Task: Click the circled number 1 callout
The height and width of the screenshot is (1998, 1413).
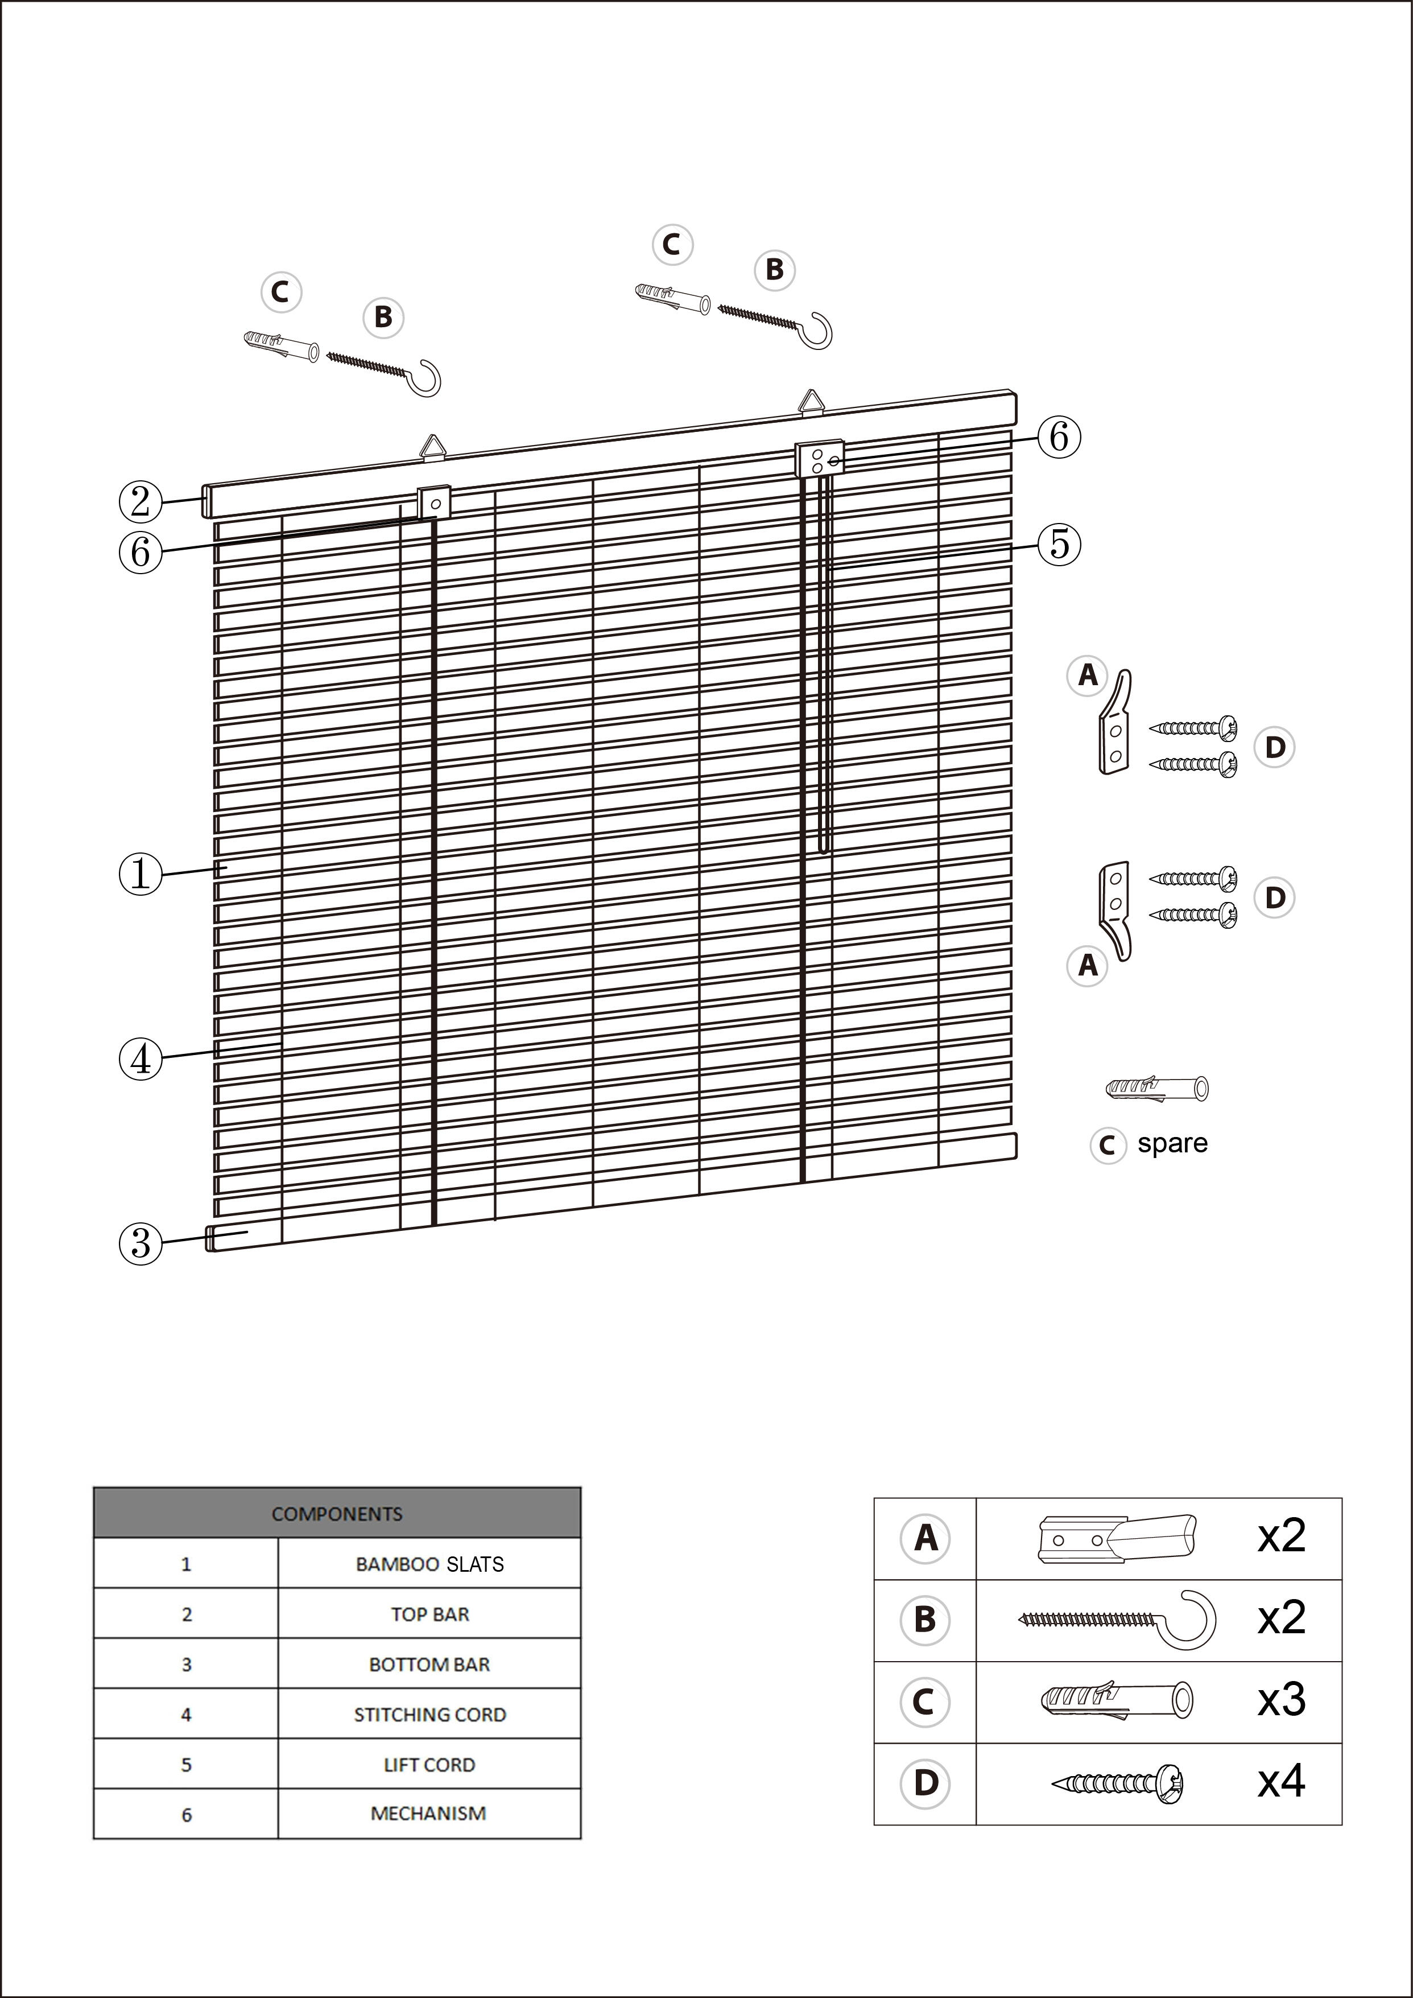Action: pos(140,874)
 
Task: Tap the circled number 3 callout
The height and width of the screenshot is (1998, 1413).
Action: pos(140,1243)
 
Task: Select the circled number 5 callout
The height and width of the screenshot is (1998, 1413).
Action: pos(1059,544)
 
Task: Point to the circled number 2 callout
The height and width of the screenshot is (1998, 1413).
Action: pos(140,502)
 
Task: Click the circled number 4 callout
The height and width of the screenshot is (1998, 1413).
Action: pos(140,1059)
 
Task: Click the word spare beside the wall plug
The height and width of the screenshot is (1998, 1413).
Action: pos(1172,1143)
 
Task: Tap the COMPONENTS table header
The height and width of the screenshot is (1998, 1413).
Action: pos(337,1513)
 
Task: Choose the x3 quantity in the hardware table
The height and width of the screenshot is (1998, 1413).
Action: pos(1281,1699)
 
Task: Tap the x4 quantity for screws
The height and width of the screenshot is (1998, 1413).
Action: pos(1281,1781)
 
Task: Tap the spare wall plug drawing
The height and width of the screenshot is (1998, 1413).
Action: pos(1157,1087)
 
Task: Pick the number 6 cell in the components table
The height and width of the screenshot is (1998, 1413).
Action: pos(186,1814)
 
